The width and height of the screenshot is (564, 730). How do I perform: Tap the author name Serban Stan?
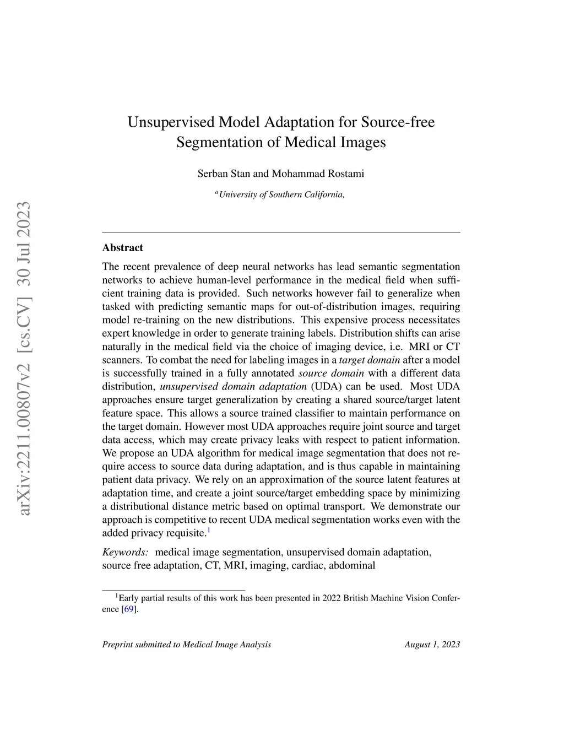(x=224, y=174)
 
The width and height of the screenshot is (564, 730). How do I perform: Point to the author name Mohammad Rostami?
(x=318, y=174)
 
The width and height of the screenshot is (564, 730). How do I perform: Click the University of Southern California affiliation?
(x=281, y=194)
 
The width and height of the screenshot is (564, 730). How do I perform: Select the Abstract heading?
(x=122, y=248)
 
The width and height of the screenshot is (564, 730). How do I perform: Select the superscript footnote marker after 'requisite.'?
(x=209, y=531)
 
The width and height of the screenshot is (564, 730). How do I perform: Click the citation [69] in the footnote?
(x=128, y=609)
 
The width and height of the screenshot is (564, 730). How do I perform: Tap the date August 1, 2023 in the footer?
(x=432, y=645)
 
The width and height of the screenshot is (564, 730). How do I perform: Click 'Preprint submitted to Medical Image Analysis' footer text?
(x=187, y=645)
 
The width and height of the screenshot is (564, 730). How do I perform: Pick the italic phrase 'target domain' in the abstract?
(x=370, y=360)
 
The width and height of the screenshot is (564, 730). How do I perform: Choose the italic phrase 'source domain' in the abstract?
(x=330, y=374)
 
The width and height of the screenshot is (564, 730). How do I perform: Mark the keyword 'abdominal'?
(x=351, y=565)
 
